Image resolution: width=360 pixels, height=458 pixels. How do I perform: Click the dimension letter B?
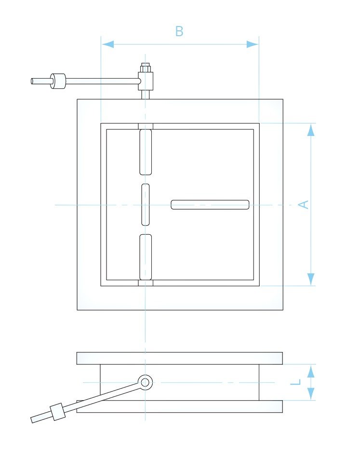tap(179, 31)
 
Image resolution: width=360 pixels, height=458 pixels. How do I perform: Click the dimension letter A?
tap(304, 204)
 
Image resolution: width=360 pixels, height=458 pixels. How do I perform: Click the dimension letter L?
tap(295, 382)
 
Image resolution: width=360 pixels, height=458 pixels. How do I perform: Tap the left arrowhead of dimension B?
tap(108, 44)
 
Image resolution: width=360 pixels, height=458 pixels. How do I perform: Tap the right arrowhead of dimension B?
tap(252, 44)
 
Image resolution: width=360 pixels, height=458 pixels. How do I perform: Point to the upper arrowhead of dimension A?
tap(311, 130)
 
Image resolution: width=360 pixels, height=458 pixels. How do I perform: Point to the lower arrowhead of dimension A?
tap(311, 279)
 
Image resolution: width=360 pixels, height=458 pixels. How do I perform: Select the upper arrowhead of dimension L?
tap(311, 371)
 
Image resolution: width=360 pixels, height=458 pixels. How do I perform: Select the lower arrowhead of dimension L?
tap(311, 394)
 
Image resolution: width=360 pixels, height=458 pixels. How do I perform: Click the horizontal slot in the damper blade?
tap(210, 205)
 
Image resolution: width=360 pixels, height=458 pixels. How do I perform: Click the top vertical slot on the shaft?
tap(146, 152)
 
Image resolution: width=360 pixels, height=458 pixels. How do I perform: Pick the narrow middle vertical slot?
tap(146, 205)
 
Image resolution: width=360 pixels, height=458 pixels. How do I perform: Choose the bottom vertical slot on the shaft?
tap(146, 257)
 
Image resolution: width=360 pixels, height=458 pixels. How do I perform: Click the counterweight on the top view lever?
tap(58, 81)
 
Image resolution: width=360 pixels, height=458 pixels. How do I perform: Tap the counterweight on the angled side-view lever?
tap(58, 412)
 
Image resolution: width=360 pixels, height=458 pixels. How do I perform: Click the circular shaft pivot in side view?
tap(145, 382)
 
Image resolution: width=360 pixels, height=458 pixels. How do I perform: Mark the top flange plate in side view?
tap(180, 358)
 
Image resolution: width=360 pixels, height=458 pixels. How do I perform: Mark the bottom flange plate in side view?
tap(180, 406)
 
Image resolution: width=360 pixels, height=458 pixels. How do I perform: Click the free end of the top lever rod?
tap(32, 81)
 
